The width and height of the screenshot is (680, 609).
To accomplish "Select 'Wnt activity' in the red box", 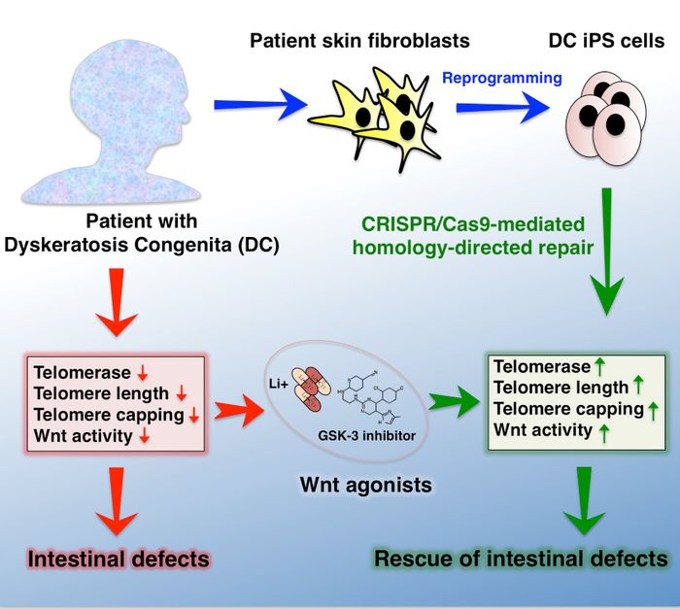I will click(x=83, y=435).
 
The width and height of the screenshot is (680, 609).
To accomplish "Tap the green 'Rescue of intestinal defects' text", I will click(x=521, y=558).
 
